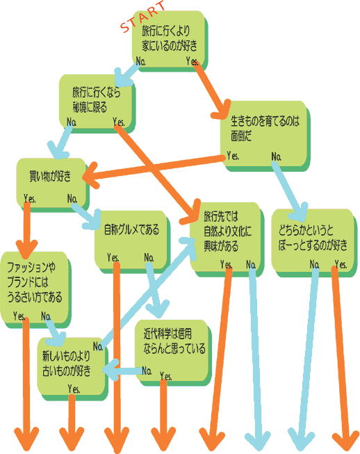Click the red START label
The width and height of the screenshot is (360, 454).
(x=142, y=16)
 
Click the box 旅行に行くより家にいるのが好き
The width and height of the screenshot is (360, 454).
(x=170, y=40)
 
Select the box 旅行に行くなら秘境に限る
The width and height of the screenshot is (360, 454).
(x=97, y=103)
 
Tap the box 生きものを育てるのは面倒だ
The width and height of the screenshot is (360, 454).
(x=265, y=136)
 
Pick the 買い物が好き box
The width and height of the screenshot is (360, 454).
(x=52, y=184)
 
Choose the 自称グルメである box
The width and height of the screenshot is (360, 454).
(x=132, y=241)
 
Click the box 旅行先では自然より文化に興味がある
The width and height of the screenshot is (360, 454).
(x=227, y=239)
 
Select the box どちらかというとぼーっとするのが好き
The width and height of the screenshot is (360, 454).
(x=314, y=243)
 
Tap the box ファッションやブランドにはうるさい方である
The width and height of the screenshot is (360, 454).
(x=35, y=289)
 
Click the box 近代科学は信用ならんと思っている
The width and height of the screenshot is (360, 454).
(x=173, y=352)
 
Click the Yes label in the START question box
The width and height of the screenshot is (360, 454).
(x=192, y=61)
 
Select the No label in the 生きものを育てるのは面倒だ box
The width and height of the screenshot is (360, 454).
(x=277, y=156)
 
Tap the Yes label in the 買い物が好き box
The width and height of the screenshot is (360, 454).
(x=30, y=198)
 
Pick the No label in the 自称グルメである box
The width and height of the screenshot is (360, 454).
(x=149, y=257)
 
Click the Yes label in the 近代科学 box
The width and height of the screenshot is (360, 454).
(x=166, y=376)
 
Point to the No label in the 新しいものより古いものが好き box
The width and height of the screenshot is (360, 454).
(x=98, y=346)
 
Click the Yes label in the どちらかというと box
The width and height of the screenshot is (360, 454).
(x=341, y=264)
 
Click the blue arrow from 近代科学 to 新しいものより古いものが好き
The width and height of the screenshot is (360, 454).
(x=122, y=370)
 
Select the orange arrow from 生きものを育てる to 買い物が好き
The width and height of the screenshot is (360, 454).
(x=154, y=168)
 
